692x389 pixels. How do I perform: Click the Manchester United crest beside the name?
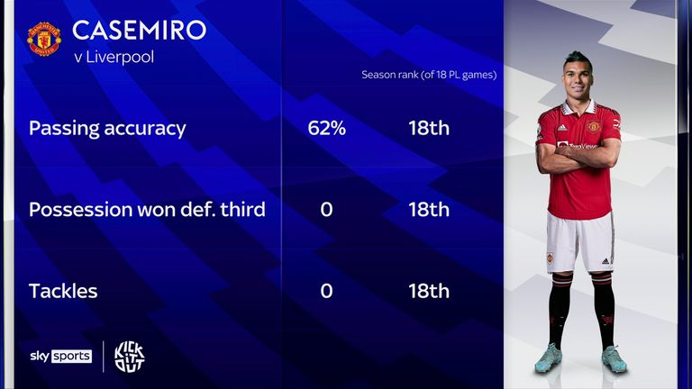pyautogui.click(x=44, y=39)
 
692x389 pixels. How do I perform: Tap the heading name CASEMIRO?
pyautogui.click(x=139, y=30)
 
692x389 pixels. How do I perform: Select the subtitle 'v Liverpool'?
pyautogui.click(x=114, y=57)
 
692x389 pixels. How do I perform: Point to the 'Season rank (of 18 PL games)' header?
pyautogui.click(x=429, y=75)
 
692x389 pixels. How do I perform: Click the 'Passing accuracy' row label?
pyautogui.click(x=107, y=129)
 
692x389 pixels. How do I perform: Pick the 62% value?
pyautogui.click(x=326, y=128)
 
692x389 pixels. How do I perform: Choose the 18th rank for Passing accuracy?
pyautogui.click(x=429, y=128)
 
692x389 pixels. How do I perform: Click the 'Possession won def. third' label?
pyautogui.click(x=147, y=210)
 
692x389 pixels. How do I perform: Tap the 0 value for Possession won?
pyautogui.click(x=326, y=210)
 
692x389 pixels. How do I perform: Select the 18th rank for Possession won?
pyautogui.click(x=429, y=210)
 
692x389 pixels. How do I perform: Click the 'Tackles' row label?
pyautogui.click(x=63, y=291)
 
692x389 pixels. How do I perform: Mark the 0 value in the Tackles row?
pyautogui.click(x=326, y=291)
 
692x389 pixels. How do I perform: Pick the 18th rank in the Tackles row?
pyautogui.click(x=429, y=291)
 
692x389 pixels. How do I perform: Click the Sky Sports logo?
pyautogui.click(x=61, y=356)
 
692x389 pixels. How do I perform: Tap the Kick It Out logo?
pyautogui.click(x=130, y=357)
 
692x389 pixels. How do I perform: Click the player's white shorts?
pyautogui.click(x=580, y=242)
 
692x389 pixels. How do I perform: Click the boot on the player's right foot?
pyautogui.click(x=549, y=357)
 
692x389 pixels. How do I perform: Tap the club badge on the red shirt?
pyautogui.click(x=594, y=127)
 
